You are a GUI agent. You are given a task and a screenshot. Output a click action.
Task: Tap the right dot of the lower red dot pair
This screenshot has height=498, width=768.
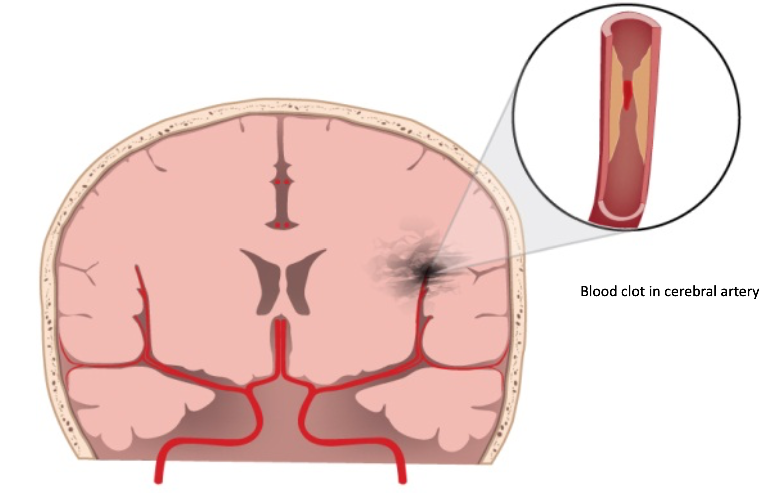(286, 225)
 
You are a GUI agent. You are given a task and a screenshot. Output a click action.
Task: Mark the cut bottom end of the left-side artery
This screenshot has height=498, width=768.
(159, 481)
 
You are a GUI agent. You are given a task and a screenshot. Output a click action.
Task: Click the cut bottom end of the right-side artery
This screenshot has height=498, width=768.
(402, 481)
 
